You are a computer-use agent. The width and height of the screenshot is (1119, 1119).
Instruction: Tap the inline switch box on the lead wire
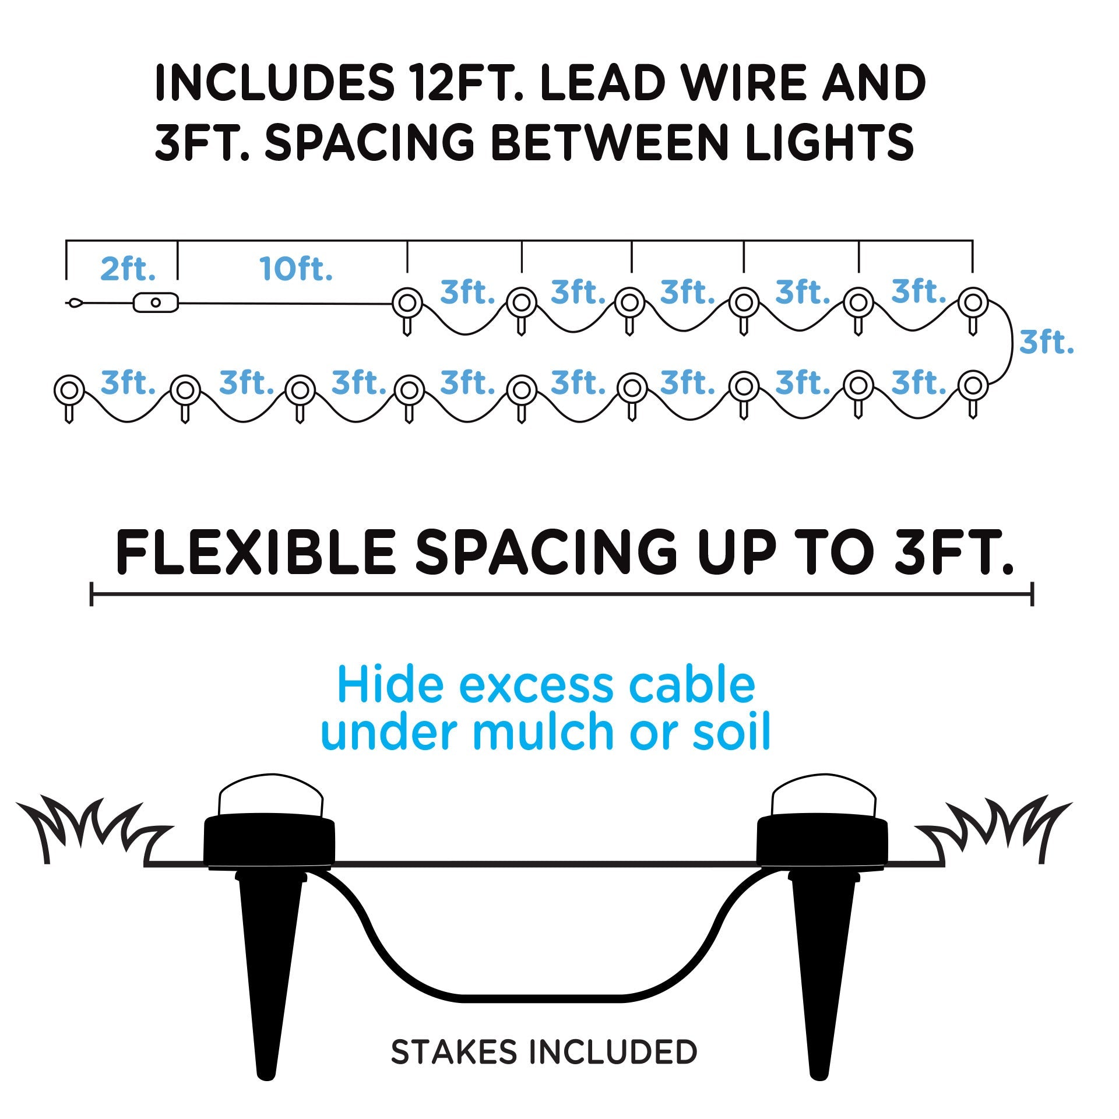coord(156,302)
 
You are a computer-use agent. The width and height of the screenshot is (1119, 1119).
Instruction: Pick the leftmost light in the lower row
coord(69,388)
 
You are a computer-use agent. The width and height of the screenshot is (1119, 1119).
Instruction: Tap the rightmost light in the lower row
coord(972,385)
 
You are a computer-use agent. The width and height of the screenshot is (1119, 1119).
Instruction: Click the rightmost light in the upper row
coord(972,302)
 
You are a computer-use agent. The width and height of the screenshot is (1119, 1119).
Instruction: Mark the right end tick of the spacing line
coord(1032,594)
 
